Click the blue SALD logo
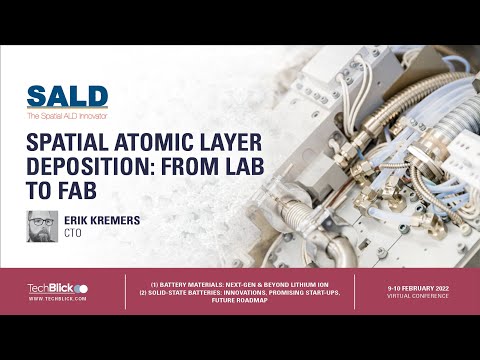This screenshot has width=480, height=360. [67, 97]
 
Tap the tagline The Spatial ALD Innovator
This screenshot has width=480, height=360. [67, 117]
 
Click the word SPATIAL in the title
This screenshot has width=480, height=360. [67, 143]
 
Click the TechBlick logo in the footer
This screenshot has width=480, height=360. [57, 288]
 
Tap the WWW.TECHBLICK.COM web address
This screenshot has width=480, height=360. [57, 298]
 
